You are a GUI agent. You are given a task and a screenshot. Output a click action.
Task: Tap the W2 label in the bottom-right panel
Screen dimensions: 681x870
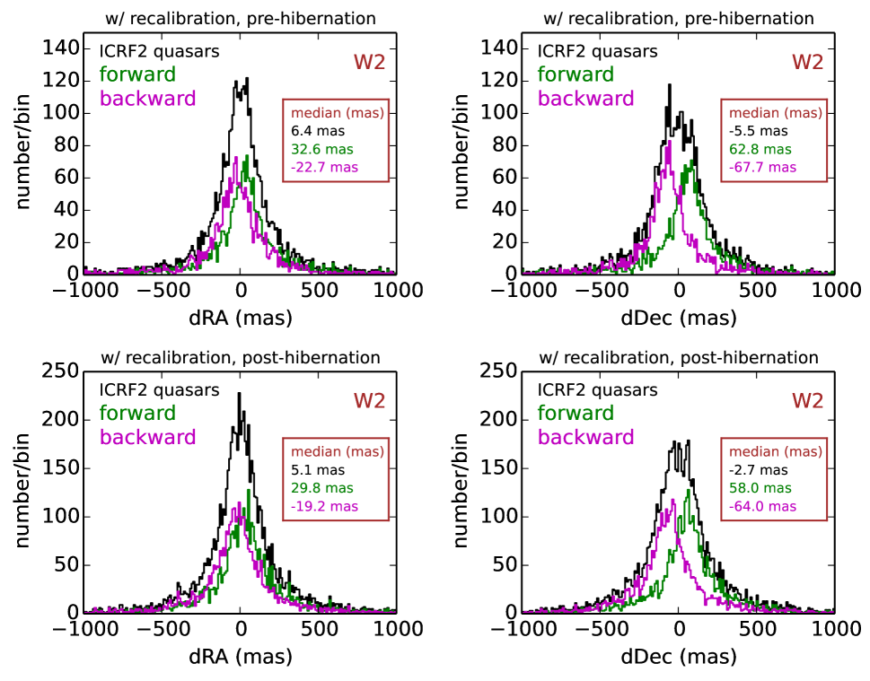coord(805,401)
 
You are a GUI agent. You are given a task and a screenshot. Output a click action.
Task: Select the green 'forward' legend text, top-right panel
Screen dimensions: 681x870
coord(576,74)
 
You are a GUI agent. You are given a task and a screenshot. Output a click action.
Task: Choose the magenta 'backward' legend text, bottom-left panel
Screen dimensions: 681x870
coord(147,438)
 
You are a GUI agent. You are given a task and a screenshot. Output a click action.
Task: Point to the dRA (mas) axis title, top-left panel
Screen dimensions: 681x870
coord(240,318)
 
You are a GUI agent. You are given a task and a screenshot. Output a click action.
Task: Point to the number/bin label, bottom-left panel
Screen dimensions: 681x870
coord(24,491)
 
